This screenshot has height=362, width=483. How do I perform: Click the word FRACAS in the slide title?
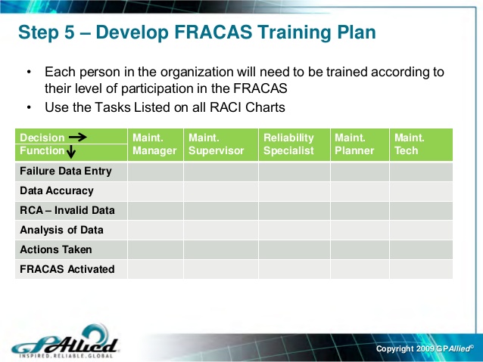click(213, 32)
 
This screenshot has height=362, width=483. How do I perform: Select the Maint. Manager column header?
click(154, 144)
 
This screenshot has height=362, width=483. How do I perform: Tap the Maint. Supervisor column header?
click(217, 144)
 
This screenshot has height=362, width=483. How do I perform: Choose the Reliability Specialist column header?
click(288, 144)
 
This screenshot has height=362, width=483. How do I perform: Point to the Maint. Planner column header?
click(354, 144)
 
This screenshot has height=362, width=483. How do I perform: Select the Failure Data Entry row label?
click(66, 172)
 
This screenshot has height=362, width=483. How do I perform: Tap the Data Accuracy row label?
click(57, 191)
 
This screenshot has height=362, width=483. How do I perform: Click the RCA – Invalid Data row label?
click(67, 210)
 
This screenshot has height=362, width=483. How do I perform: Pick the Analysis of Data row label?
click(61, 230)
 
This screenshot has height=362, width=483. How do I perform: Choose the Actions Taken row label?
click(56, 249)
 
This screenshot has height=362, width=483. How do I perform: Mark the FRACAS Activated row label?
click(67, 269)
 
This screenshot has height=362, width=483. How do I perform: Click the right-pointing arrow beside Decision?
click(78, 138)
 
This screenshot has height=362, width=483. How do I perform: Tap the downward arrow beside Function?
click(71, 151)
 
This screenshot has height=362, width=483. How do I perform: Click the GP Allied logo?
click(64, 342)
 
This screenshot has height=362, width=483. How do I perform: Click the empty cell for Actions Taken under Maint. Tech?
click(421, 249)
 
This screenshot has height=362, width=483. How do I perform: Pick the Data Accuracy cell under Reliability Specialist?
click(294, 191)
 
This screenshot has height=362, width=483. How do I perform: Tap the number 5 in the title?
click(70, 32)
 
